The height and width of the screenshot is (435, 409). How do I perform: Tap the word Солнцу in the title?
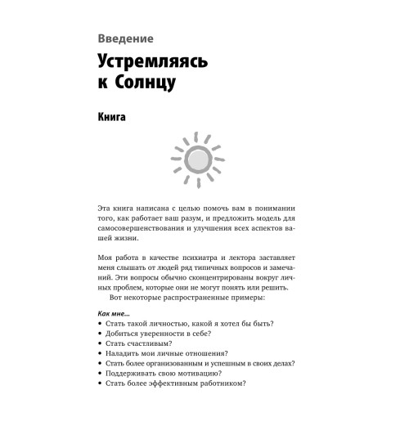point(156,83)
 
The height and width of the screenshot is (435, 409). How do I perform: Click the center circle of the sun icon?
point(196,158)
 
